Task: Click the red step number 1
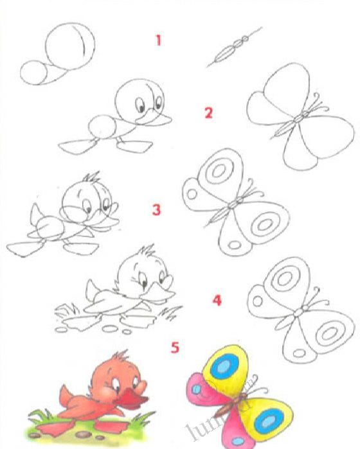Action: point(157,40)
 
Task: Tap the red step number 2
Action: point(208,113)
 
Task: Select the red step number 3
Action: point(156,210)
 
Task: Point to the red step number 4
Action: point(217,300)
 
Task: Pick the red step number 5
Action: point(175,348)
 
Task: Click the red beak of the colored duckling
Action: point(134,401)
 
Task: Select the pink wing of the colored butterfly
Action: point(203,394)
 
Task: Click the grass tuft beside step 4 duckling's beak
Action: point(171,313)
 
